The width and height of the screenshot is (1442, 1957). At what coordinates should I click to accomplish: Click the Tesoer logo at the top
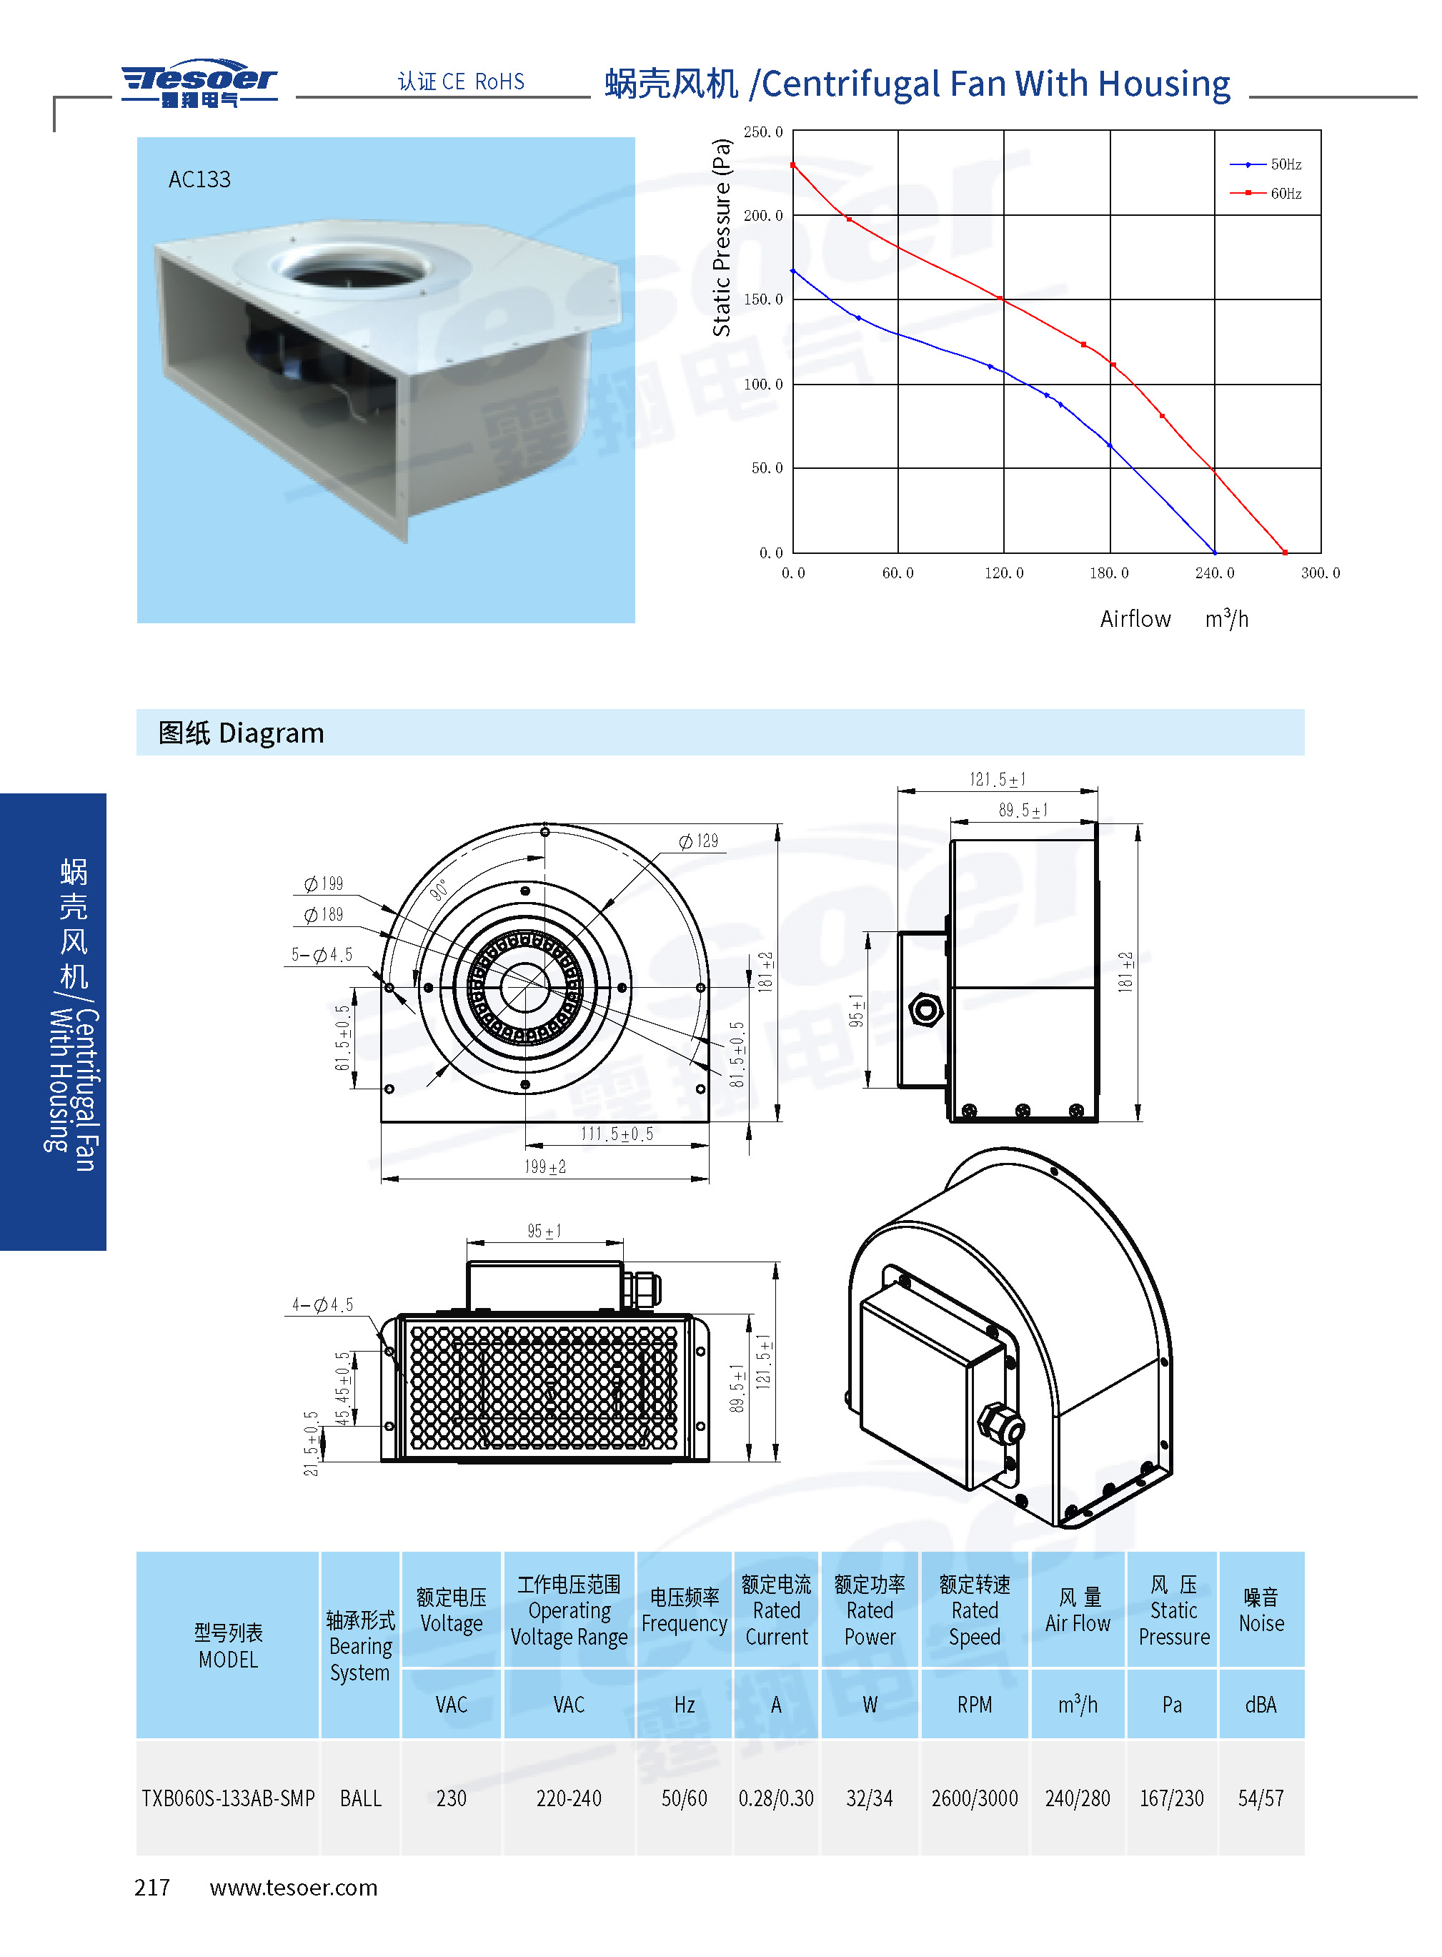(x=199, y=84)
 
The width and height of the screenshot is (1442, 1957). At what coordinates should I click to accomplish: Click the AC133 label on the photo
(x=199, y=180)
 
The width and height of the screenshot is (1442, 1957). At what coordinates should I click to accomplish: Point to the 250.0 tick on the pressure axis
(x=763, y=132)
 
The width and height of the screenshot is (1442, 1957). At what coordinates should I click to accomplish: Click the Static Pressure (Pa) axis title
(x=721, y=237)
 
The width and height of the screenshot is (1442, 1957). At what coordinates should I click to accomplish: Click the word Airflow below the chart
(x=1135, y=619)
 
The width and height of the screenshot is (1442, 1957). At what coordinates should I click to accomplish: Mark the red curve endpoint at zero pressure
(x=1285, y=552)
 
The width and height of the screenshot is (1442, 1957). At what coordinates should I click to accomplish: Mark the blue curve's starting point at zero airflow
(x=792, y=272)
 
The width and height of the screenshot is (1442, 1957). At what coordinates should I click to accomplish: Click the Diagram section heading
(x=241, y=733)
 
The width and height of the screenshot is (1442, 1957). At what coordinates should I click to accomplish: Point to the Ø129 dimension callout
(x=698, y=841)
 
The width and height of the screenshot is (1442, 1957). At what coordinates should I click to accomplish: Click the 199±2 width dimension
(x=545, y=1166)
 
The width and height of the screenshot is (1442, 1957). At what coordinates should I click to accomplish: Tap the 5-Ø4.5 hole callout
(x=322, y=954)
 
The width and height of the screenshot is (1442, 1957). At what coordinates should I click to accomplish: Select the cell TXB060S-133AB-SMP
(x=228, y=1798)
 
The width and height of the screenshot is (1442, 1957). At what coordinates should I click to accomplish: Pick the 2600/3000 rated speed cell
(x=974, y=1798)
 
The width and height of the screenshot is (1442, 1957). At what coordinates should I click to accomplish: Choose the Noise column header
(x=1260, y=1610)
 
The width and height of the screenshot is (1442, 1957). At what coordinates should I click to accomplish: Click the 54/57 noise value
(x=1260, y=1798)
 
